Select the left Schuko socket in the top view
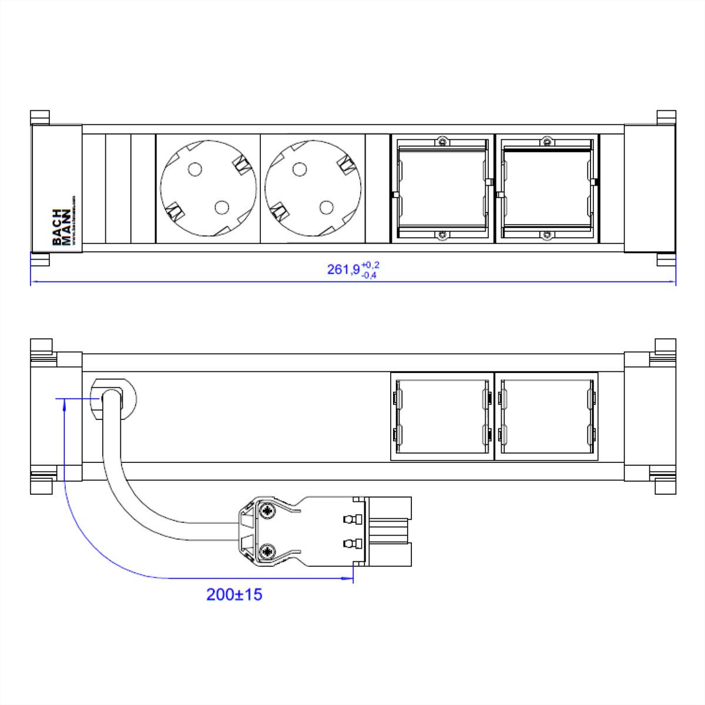pos(208,189)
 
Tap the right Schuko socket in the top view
pos(312,189)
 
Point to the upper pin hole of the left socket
pos(194,170)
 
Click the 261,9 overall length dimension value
pos(343,270)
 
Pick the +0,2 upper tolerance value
pos(371,265)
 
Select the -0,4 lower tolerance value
pos(370,275)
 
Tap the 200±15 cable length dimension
pos(234,595)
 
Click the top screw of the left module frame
pos(442,142)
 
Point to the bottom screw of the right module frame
pos(547,235)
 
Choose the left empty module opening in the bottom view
pos(442,416)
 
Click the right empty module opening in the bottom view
pos(546,416)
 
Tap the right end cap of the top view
pos(649,189)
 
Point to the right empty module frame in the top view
pos(547,189)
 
